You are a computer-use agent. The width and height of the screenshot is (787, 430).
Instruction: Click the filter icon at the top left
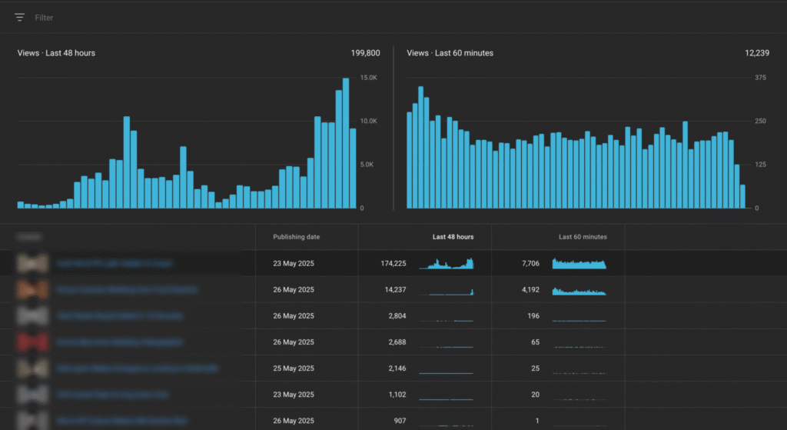click(x=19, y=17)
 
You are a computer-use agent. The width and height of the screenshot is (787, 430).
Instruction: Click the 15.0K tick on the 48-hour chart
click(x=368, y=78)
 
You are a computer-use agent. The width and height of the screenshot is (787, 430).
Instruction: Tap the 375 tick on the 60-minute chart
click(x=760, y=78)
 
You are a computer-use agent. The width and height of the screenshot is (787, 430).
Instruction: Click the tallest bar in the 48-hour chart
click(x=346, y=143)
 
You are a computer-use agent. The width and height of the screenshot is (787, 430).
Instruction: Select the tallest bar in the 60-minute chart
click(x=420, y=147)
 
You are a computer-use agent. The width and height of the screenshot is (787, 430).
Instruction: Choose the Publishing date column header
click(x=296, y=237)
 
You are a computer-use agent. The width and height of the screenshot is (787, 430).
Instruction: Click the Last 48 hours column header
click(x=453, y=237)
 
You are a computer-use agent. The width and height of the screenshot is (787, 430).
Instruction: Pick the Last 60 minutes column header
click(x=583, y=237)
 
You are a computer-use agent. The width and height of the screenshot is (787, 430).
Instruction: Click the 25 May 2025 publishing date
click(x=294, y=368)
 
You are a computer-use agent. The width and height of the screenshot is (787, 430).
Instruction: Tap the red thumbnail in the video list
click(x=32, y=342)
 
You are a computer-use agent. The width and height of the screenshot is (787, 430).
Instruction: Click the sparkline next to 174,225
click(x=447, y=264)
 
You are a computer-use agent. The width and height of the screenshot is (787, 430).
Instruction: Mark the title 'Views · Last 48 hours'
click(x=56, y=53)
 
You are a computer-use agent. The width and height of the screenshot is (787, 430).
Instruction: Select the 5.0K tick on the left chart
click(x=368, y=165)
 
